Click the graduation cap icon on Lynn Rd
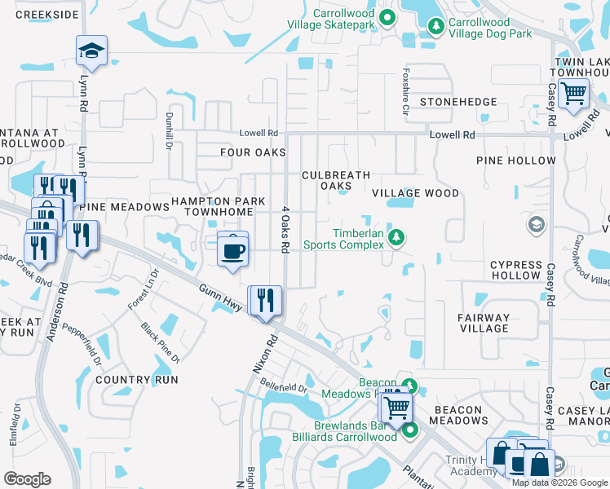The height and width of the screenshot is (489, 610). click(x=91, y=51)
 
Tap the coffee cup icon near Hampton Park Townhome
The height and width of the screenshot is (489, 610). click(x=232, y=248)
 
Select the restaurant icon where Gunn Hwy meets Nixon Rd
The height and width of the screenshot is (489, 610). click(x=265, y=301)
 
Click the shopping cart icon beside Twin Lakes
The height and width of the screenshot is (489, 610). click(x=574, y=94)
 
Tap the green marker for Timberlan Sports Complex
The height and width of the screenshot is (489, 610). click(x=396, y=237)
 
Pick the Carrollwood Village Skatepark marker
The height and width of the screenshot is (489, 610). click(x=387, y=16)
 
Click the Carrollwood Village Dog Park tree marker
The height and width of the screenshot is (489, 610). click(x=435, y=27)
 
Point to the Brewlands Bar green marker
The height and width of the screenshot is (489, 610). click(x=410, y=430)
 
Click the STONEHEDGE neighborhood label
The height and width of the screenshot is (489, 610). click(x=457, y=102)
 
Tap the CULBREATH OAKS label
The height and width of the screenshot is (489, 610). click(x=336, y=181)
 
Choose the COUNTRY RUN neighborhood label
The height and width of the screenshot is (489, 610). click(x=136, y=380)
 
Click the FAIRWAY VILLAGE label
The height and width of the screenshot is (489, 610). click(x=484, y=324)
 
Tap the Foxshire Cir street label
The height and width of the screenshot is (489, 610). click(x=404, y=81)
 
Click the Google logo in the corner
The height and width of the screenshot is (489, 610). click(x=27, y=479)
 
